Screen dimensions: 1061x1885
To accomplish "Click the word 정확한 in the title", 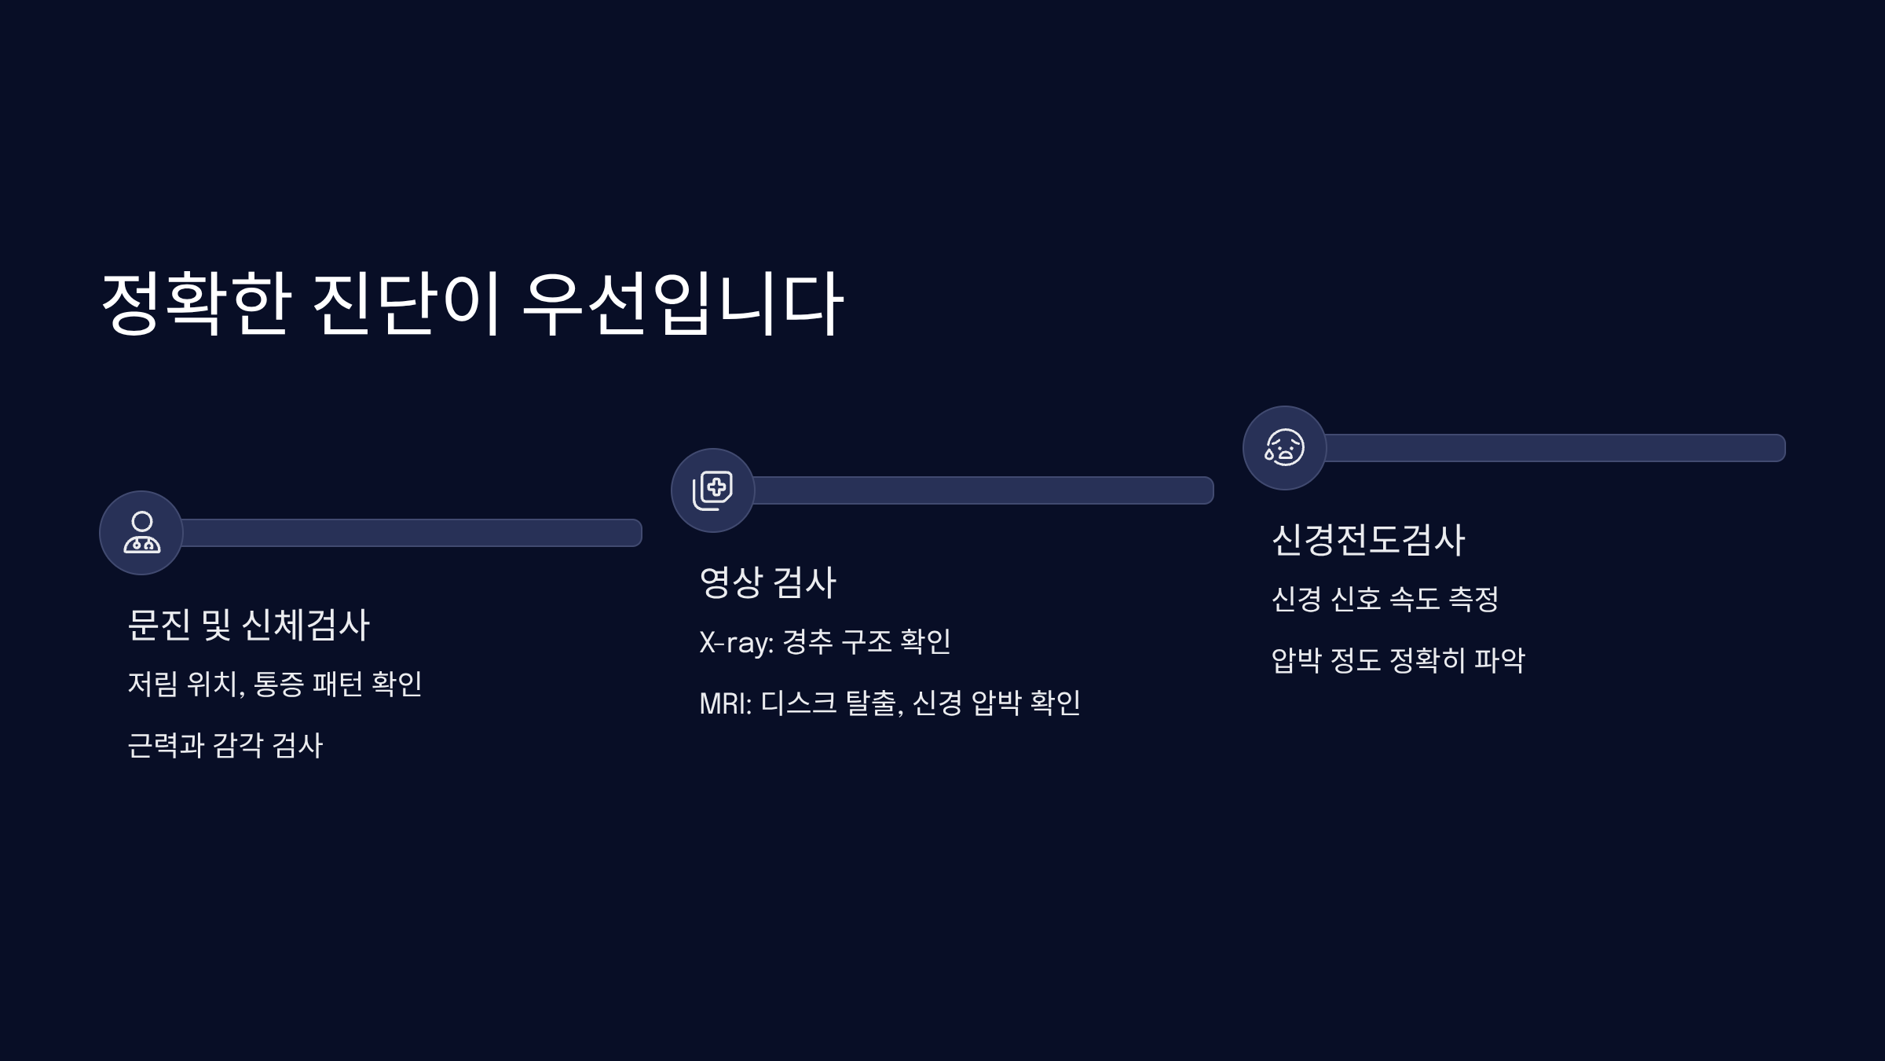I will pos(196,303).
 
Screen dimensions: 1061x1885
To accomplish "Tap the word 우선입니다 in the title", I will pos(682,303).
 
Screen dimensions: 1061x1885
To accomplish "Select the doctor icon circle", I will pos(141,533).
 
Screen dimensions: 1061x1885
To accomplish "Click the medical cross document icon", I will pos(712,490).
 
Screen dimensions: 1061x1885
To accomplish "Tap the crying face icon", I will pos(1284,448).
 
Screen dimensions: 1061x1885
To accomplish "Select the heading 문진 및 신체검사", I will pos(248,625).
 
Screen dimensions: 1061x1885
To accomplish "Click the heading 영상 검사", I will pos(767,582).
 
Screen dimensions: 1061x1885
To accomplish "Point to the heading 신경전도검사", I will pos(1368,540).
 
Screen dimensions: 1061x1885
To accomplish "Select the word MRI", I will pos(725,703).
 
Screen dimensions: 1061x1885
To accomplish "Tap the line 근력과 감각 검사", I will pos(225,745).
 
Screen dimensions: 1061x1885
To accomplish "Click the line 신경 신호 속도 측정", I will pos(1385,600).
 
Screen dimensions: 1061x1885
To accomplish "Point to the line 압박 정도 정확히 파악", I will pos(1398,660).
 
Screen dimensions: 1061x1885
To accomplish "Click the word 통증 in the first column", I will pos(279,684).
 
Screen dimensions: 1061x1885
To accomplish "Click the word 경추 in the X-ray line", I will pos(807,642).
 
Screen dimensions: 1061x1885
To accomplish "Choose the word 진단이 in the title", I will pos(406,303).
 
